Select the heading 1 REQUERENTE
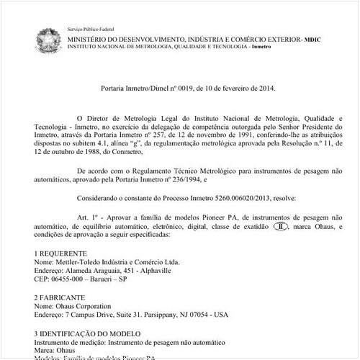pyautogui.click(x=61, y=254)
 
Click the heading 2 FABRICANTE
pyautogui.click(x=59, y=297)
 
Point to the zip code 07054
pyautogui.click(x=198, y=315)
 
